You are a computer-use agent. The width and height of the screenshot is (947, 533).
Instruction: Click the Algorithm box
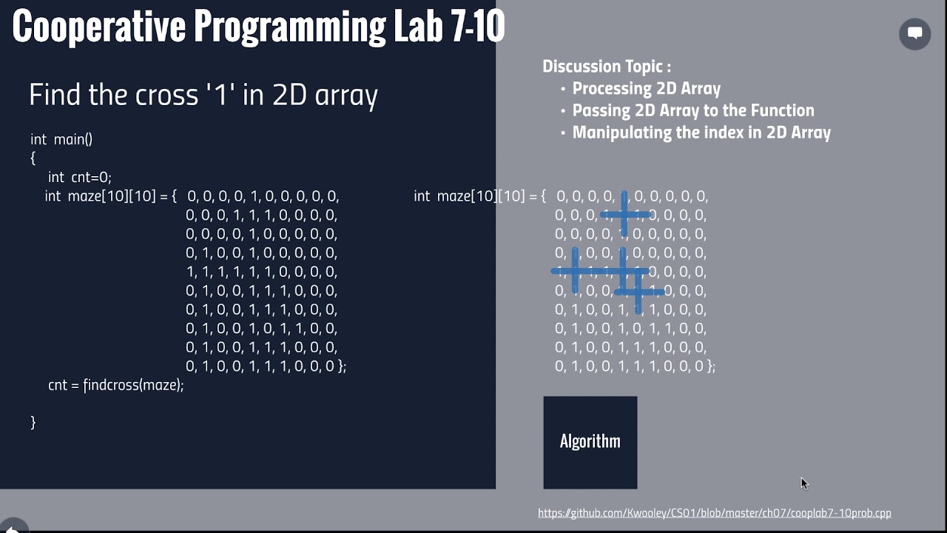point(590,442)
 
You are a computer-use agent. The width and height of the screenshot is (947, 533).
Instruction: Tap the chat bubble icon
point(914,33)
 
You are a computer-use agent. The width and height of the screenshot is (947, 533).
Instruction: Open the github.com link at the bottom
point(714,513)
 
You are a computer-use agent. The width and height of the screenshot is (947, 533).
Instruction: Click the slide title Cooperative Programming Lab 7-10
point(258,27)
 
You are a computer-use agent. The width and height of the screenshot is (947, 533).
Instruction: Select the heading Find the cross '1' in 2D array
point(203,95)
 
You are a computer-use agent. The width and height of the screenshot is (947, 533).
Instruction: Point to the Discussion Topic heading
point(607,67)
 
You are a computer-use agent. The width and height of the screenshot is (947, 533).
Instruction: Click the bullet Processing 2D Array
point(646,89)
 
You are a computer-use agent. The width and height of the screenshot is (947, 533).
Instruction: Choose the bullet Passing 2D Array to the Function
point(692,111)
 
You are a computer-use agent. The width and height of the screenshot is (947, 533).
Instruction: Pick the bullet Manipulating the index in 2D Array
point(701,133)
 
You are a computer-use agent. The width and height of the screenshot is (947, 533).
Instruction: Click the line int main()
point(61,139)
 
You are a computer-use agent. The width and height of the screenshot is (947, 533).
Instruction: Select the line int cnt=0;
point(79,178)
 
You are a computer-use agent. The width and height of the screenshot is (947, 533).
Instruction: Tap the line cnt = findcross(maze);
point(115,386)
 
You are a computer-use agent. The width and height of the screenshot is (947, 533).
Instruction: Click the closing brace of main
point(33,422)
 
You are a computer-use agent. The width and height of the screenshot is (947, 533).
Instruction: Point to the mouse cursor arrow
point(803,483)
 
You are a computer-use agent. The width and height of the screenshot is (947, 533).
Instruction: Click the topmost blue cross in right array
point(625,215)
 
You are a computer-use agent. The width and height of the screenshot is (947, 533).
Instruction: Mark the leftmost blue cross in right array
point(575,271)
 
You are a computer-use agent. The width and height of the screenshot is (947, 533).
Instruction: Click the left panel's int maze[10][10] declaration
point(110,196)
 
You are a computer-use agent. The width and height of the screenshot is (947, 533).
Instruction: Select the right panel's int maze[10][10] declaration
point(479,196)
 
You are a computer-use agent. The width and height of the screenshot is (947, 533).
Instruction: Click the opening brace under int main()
point(33,158)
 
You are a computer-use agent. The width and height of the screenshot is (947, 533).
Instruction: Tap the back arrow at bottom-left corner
point(11,527)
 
